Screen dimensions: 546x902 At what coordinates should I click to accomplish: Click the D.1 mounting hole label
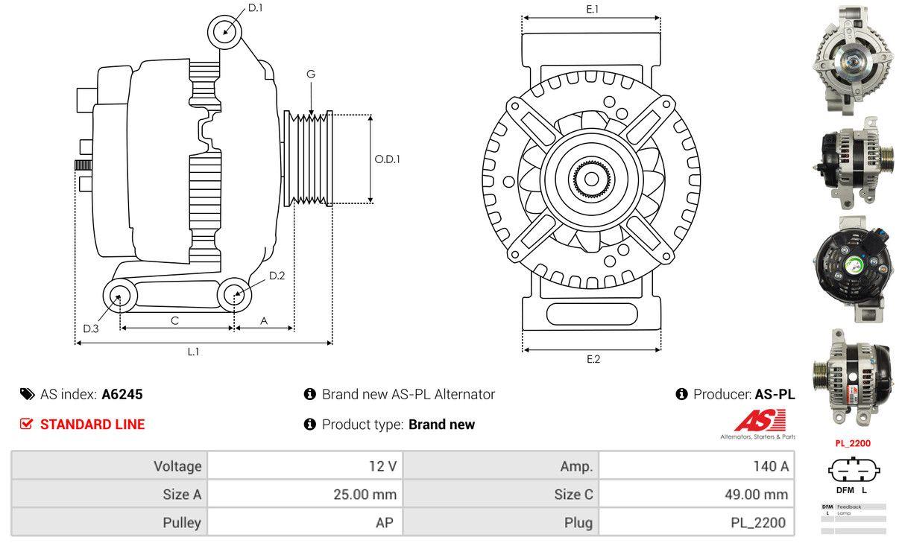[x=256, y=8]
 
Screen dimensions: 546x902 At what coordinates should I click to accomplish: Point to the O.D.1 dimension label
[x=387, y=159]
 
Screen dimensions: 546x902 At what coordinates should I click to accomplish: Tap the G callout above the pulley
[x=311, y=74]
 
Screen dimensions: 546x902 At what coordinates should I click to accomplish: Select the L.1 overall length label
[x=193, y=352]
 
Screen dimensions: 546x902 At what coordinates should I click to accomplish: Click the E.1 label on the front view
[x=593, y=9]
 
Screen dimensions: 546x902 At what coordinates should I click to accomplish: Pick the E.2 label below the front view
[x=593, y=359]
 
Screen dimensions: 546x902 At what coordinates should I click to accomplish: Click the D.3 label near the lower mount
[x=91, y=328]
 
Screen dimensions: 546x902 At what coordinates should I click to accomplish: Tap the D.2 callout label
[x=277, y=276]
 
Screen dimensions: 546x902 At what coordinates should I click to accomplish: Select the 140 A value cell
[x=772, y=466]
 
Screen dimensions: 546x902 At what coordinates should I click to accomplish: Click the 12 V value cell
[x=382, y=466]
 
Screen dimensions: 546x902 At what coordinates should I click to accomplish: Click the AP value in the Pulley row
[x=384, y=522]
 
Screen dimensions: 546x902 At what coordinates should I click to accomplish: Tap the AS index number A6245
[x=122, y=394]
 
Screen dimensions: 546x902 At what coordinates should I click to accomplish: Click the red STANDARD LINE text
[x=92, y=425]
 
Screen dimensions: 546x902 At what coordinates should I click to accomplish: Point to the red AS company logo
[x=759, y=422]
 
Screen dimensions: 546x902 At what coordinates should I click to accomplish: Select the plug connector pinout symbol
[x=854, y=471]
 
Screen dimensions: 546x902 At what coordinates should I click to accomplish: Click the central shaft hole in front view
[x=591, y=179]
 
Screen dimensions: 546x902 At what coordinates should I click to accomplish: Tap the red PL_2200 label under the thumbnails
[x=853, y=443]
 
